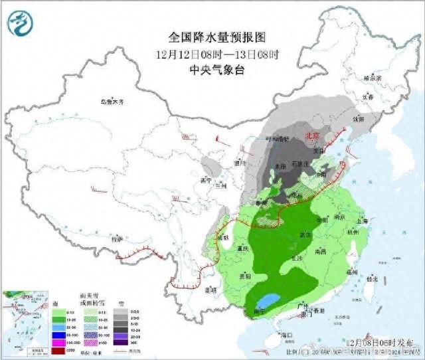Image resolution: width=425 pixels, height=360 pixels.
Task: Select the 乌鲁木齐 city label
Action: pos(112,102)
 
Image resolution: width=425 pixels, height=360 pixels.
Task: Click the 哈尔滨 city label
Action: pos(375,78)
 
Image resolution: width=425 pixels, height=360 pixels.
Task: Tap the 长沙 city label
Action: pos(296,257)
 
